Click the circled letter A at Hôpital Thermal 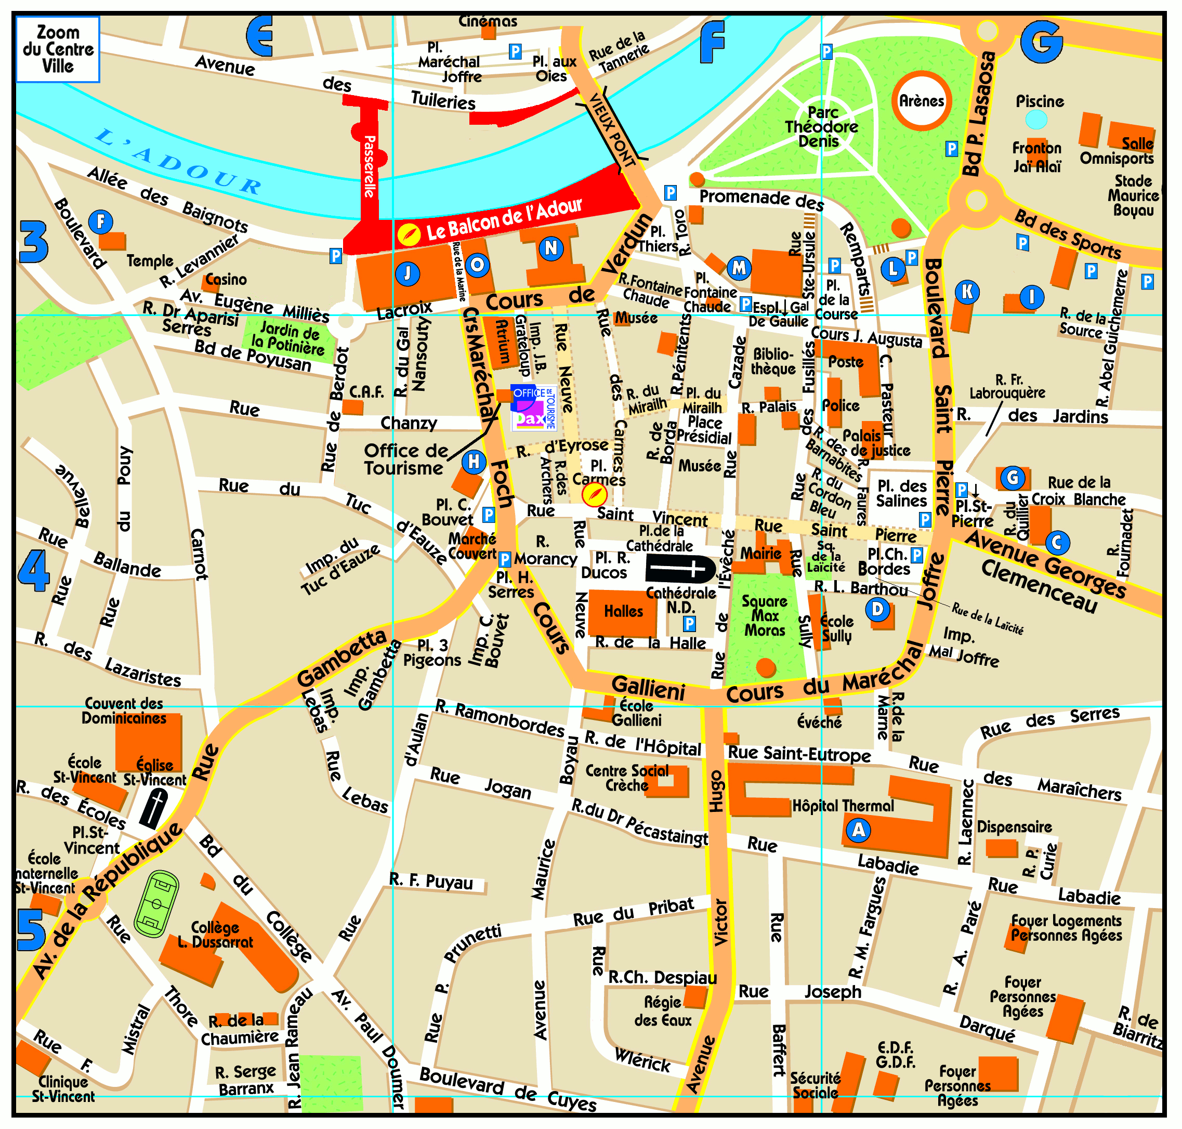click(x=858, y=831)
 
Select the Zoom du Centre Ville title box click(x=58, y=49)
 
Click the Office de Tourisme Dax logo click(x=533, y=408)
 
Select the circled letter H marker click(x=474, y=462)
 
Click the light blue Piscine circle click(x=1036, y=120)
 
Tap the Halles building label click(x=624, y=611)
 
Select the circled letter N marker click(x=550, y=247)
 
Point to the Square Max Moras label click(x=764, y=615)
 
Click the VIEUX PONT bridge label click(x=613, y=130)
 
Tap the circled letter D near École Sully click(x=877, y=610)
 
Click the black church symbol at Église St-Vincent click(x=154, y=808)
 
